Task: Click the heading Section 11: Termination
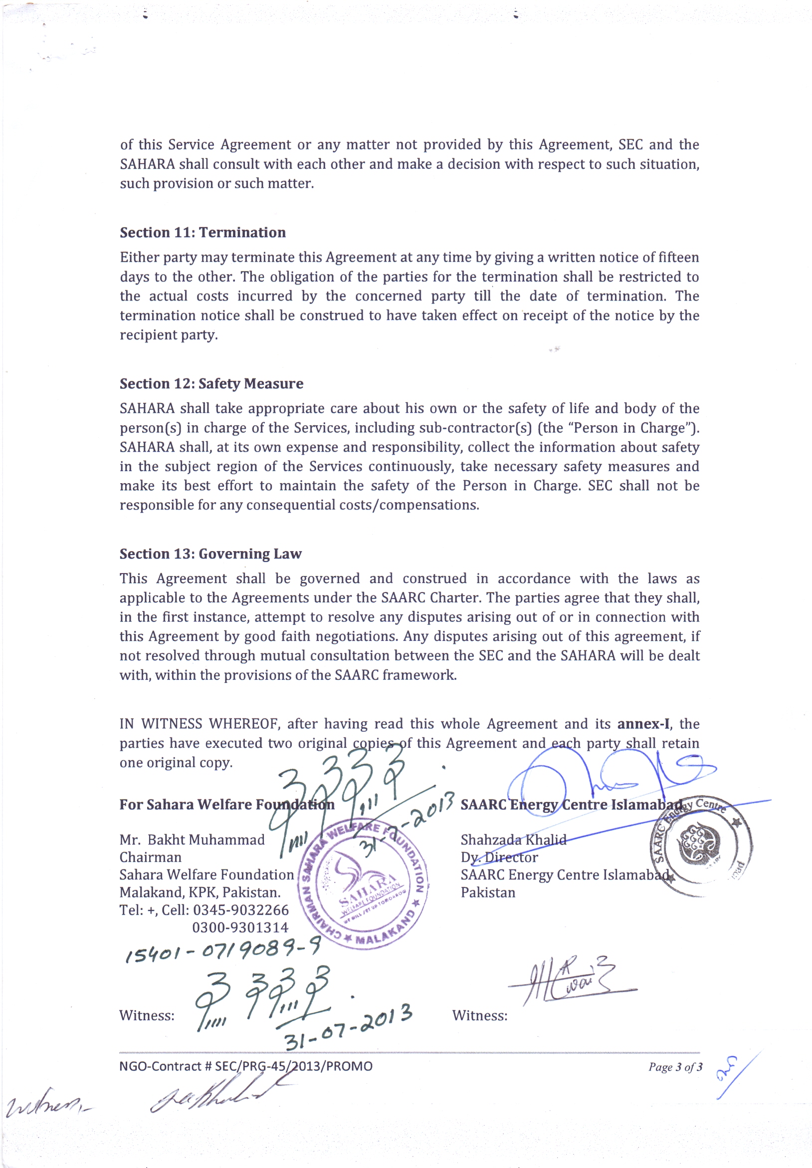click(203, 233)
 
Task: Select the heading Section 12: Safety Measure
click(211, 383)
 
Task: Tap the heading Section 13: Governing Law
click(210, 554)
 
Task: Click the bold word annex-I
click(643, 723)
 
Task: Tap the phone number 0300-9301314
click(240, 927)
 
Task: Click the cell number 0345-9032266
click(240, 909)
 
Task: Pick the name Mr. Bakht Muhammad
click(192, 840)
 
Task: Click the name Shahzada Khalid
click(513, 840)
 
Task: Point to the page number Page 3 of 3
click(675, 1067)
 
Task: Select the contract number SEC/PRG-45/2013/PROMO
click(294, 1066)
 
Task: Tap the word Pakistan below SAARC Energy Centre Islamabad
click(488, 892)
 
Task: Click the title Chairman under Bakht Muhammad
click(150, 857)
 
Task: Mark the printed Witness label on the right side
click(479, 1015)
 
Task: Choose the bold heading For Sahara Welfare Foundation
click(227, 804)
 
